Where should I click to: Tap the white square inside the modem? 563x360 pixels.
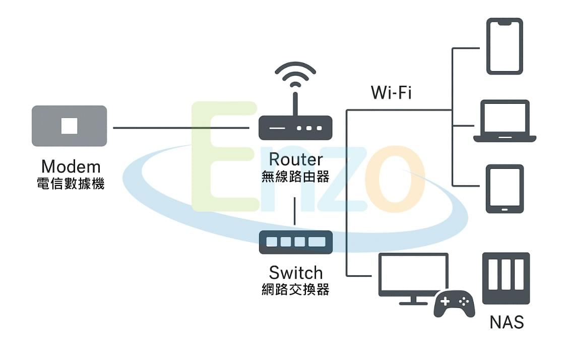[x=69, y=126]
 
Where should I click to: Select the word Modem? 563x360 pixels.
[x=71, y=166]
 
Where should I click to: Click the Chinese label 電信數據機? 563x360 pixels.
[x=71, y=184]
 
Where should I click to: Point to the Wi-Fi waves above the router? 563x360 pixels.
[x=295, y=73]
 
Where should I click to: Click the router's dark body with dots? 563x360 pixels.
[x=295, y=128]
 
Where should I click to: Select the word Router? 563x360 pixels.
[x=295, y=159]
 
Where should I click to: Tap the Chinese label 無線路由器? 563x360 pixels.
[x=295, y=176]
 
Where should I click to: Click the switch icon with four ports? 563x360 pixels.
[x=295, y=242]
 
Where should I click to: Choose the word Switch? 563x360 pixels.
[x=295, y=273]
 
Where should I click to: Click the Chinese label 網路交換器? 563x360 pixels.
[x=295, y=290]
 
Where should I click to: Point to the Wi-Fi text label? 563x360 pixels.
[x=391, y=93]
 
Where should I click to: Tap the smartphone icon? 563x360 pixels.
[x=505, y=46]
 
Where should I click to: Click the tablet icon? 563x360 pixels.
[x=505, y=189]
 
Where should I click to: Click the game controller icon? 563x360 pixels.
[x=454, y=304]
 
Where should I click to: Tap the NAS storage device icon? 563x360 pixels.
[x=506, y=278]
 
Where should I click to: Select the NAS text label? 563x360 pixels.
[x=507, y=322]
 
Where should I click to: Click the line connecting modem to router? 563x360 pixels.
[x=181, y=128]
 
